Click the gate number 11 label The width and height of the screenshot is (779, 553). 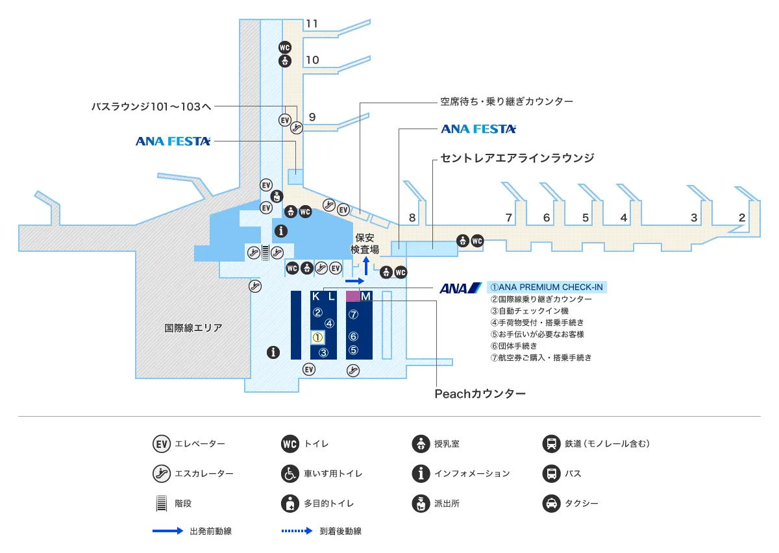(312, 24)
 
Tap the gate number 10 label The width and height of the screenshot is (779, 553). (312, 60)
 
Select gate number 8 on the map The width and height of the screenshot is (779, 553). (412, 218)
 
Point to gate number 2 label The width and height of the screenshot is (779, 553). (741, 218)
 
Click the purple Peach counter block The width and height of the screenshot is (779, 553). (352, 296)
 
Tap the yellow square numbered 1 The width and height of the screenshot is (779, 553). (317, 338)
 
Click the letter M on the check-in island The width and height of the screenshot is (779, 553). (365, 297)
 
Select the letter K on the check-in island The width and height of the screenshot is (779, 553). (316, 297)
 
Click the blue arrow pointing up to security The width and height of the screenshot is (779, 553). (366, 266)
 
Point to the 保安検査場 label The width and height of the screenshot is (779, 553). (365, 243)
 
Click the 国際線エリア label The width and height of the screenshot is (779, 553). (193, 328)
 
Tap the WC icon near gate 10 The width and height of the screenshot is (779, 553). (284, 47)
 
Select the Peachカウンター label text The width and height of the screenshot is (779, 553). (479, 393)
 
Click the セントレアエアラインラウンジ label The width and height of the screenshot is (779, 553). (517, 158)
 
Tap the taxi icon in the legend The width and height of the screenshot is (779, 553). (551, 503)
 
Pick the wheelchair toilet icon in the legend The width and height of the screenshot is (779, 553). (290, 474)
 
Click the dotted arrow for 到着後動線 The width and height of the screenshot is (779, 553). (297, 531)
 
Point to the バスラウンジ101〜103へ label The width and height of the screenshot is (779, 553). (151, 106)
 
